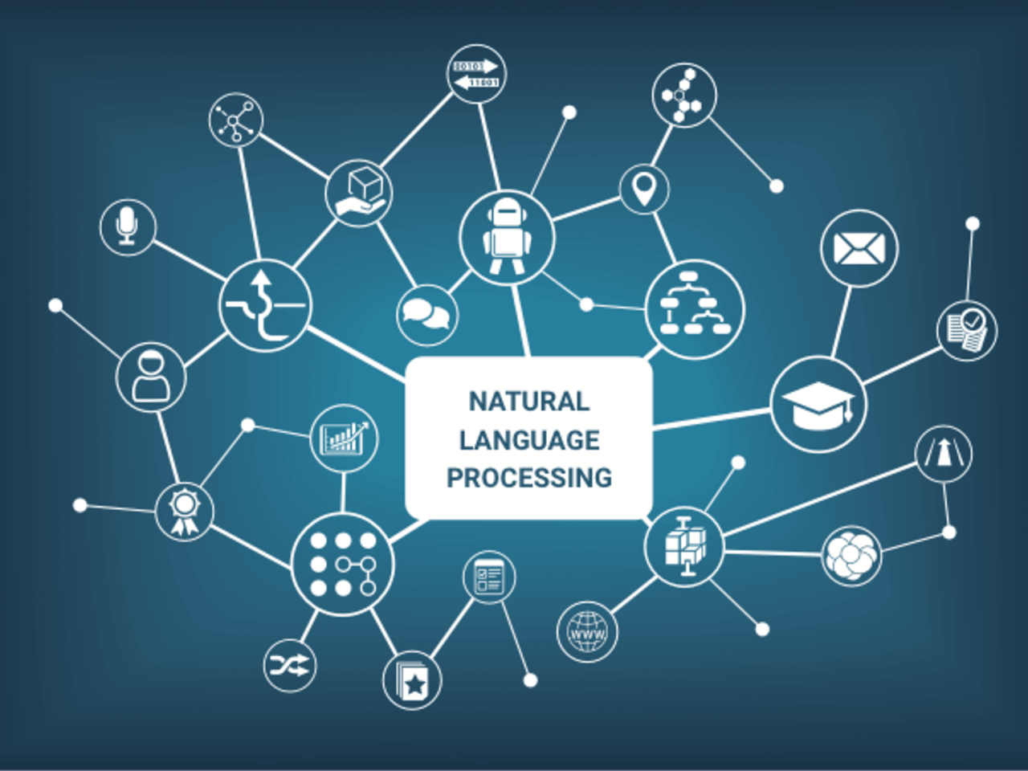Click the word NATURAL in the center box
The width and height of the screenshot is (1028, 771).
(528, 401)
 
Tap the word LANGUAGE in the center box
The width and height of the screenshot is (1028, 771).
(528, 439)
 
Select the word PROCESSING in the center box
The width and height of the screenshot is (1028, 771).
(528, 478)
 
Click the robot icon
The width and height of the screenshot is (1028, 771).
(507, 237)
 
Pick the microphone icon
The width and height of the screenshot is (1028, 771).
(128, 227)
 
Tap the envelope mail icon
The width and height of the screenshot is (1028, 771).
(859, 248)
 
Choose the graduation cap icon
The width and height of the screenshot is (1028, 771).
(818, 404)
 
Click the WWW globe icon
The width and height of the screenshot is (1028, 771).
(588, 630)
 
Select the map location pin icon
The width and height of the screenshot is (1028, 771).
(643, 189)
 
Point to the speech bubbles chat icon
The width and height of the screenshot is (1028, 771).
(426, 314)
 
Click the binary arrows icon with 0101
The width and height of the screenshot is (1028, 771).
(476, 74)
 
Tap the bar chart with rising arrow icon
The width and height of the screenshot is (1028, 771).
(345, 438)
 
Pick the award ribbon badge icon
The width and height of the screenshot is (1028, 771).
(185, 511)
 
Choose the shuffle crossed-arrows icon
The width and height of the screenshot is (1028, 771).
(290, 665)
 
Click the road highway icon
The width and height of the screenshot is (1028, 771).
(944, 455)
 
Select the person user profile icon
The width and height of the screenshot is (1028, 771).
(151, 376)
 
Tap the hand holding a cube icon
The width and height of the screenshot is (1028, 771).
(359, 194)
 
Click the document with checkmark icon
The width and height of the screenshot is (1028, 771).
(967, 330)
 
